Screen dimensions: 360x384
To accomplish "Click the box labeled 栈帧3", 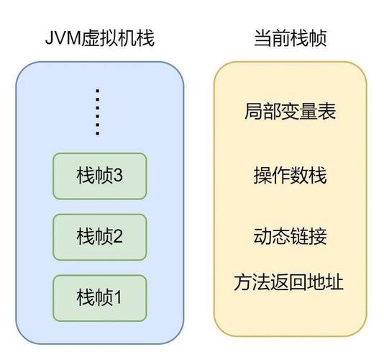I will click(99, 175).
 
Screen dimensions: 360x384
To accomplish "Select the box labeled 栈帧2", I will click(99, 235).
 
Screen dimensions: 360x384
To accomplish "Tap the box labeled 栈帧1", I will click(99, 296).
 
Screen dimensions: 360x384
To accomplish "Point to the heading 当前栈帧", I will click(290, 38).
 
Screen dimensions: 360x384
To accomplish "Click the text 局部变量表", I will click(290, 112).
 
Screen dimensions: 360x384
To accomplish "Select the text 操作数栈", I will click(290, 175).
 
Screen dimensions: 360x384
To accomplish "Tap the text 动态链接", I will click(290, 236).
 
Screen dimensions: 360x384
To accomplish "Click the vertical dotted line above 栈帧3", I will click(99, 112).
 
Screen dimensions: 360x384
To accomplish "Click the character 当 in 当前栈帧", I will click(262, 38).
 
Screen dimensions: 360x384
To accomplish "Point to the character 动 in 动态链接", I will click(262, 236).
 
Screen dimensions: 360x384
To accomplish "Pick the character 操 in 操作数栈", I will click(262, 175).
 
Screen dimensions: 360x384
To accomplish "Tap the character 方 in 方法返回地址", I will click(242, 281).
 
